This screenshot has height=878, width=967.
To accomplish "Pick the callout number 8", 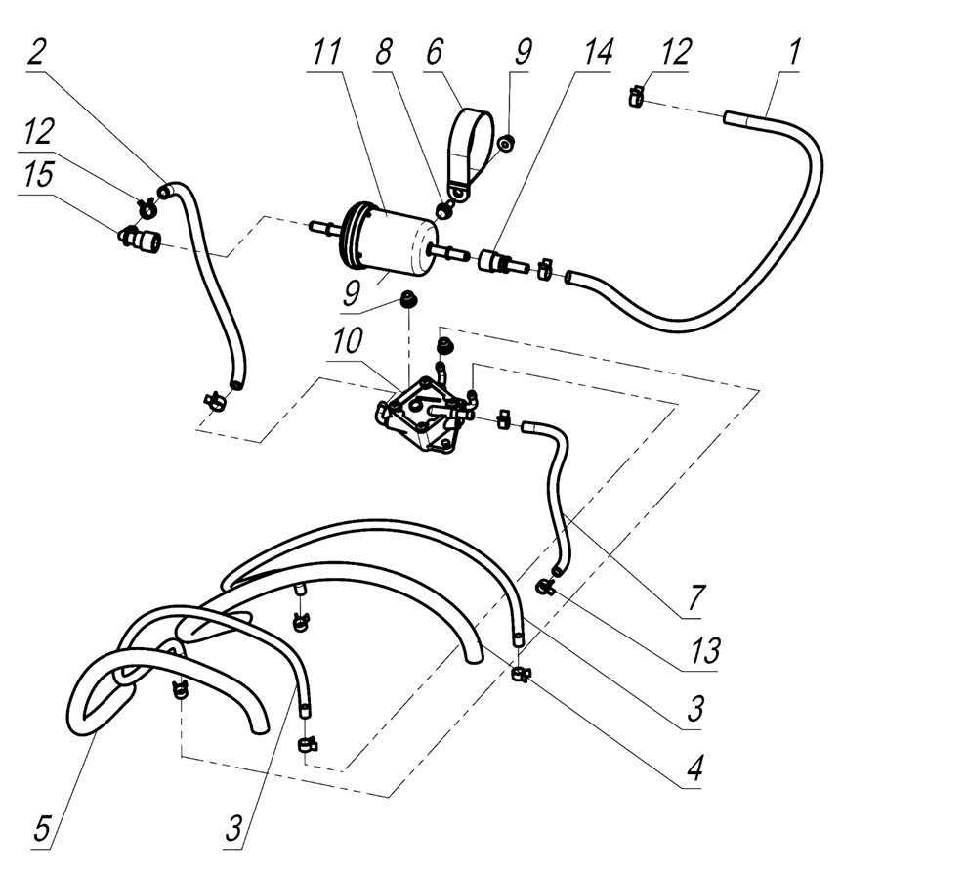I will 383,53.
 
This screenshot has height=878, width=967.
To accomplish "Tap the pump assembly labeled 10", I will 422,416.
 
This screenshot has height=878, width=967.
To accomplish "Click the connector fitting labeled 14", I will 495,262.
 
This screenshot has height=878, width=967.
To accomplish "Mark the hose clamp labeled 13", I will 545,586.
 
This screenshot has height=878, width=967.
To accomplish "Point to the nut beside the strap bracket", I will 507,144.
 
